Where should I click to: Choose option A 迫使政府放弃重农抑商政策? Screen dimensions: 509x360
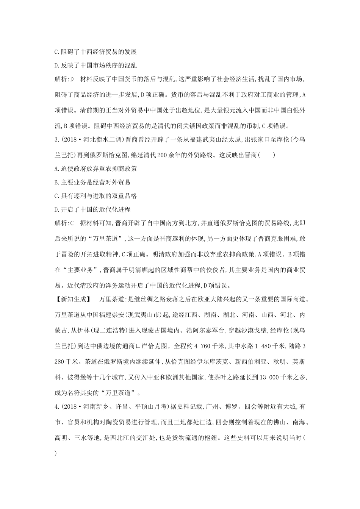click(x=95, y=169)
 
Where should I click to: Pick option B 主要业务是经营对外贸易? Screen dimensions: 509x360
click(x=92, y=182)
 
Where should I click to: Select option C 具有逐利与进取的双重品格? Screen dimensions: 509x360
click(x=95, y=196)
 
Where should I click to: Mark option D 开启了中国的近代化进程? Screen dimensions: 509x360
click(x=92, y=209)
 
